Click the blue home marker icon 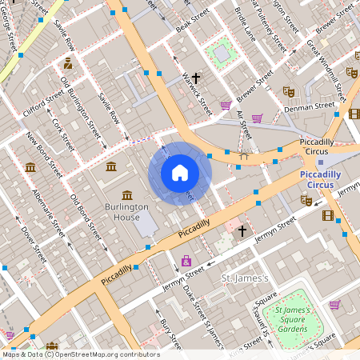[180, 172]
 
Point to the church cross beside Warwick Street [194, 78]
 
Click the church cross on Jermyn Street [242, 230]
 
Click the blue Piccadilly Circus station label [320, 179]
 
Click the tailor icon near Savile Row [68, 62]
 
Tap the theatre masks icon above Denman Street [289, 92]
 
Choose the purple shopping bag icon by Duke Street [186, 261]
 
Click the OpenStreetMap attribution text [80, 354]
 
